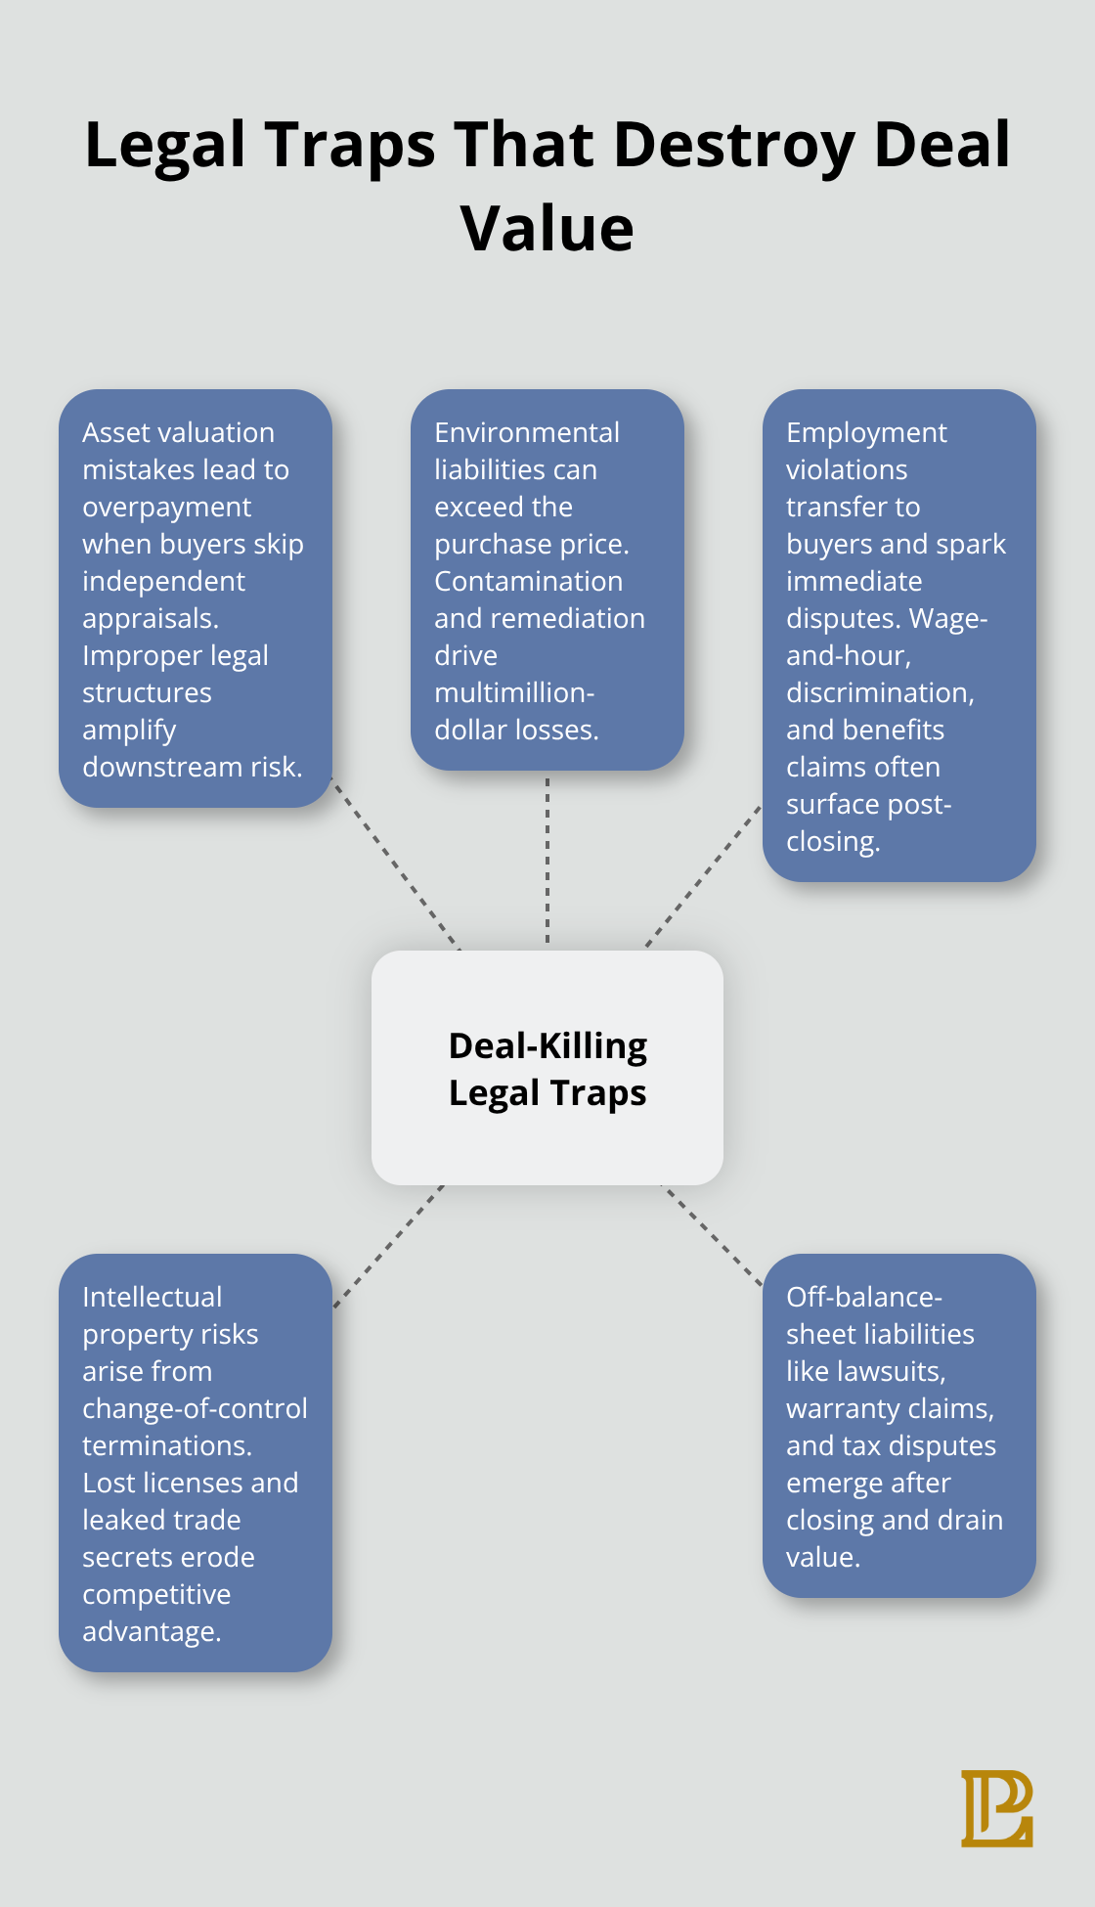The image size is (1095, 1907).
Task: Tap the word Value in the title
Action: pyautogui.click(x=547, y=229)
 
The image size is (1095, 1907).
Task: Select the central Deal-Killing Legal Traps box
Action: pyautogui.click(x=547, y=1067)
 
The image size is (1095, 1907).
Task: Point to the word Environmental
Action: pyautogui.click(x=527, y=432)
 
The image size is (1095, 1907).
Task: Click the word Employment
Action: pyautogui.click(x=866, y=432)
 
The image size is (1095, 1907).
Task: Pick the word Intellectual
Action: pyautogui.click(x=152, y=1297)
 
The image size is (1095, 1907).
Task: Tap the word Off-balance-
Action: pyautogui.click(x=864, y=1297)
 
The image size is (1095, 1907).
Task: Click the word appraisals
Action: pyautogui.click(x=150, y=618)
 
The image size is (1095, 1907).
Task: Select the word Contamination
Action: pyautogui.click(x=528, y=581)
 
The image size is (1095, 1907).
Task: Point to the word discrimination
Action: pyautogui.click(x=880, y=692)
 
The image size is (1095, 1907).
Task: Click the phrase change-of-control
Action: pyautogui.click(x=195, y=1408)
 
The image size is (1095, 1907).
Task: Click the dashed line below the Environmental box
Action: pyautogui.click(x=547, y=861)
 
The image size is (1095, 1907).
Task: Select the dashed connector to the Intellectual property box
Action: pyautogui.click(x=388, y=1246)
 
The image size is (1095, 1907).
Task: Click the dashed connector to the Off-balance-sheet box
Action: pyautogui.click(x=712, y=1234)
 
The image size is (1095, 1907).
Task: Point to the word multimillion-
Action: pyautogui.click(x=514, y=692)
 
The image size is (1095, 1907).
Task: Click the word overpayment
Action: pyautogui.click(x=166, y=507)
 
